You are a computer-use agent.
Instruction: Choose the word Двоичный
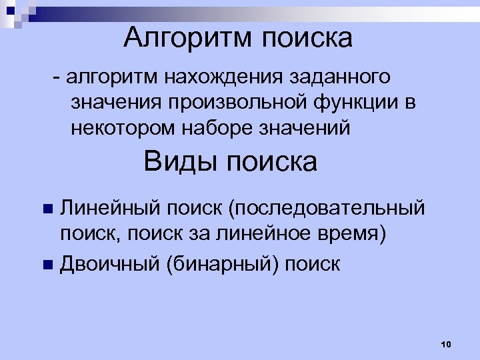(x=107, y=264)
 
